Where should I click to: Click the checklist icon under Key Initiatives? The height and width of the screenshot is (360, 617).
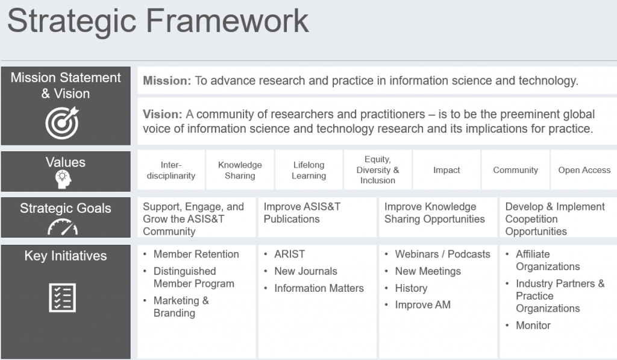pos(63,297)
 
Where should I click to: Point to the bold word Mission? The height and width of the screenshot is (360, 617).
pos(167,81)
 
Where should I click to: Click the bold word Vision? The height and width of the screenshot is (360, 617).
pos(162,114)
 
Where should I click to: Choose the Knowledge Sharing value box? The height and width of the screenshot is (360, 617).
pos(240,170)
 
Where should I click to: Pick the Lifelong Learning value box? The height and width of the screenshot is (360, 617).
pos(308,170)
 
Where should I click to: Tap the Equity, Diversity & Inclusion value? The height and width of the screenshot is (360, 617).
pos(378,170)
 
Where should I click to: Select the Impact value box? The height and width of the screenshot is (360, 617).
pos(446,170)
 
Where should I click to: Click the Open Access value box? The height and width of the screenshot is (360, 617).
pos(584,170)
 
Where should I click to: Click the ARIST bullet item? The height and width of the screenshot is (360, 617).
pos(289,254)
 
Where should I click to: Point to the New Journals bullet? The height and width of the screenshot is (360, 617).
pos(305,271)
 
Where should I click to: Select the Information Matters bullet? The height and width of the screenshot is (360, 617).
pos(319,288)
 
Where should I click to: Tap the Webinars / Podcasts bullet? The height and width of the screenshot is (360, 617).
pos(442,254)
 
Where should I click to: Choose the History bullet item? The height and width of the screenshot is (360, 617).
pos(411,288)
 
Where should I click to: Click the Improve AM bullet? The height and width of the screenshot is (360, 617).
pos(422,305)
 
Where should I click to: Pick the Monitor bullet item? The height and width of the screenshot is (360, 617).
pos(533,325)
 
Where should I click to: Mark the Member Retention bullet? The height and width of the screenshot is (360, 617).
pos(196,254)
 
